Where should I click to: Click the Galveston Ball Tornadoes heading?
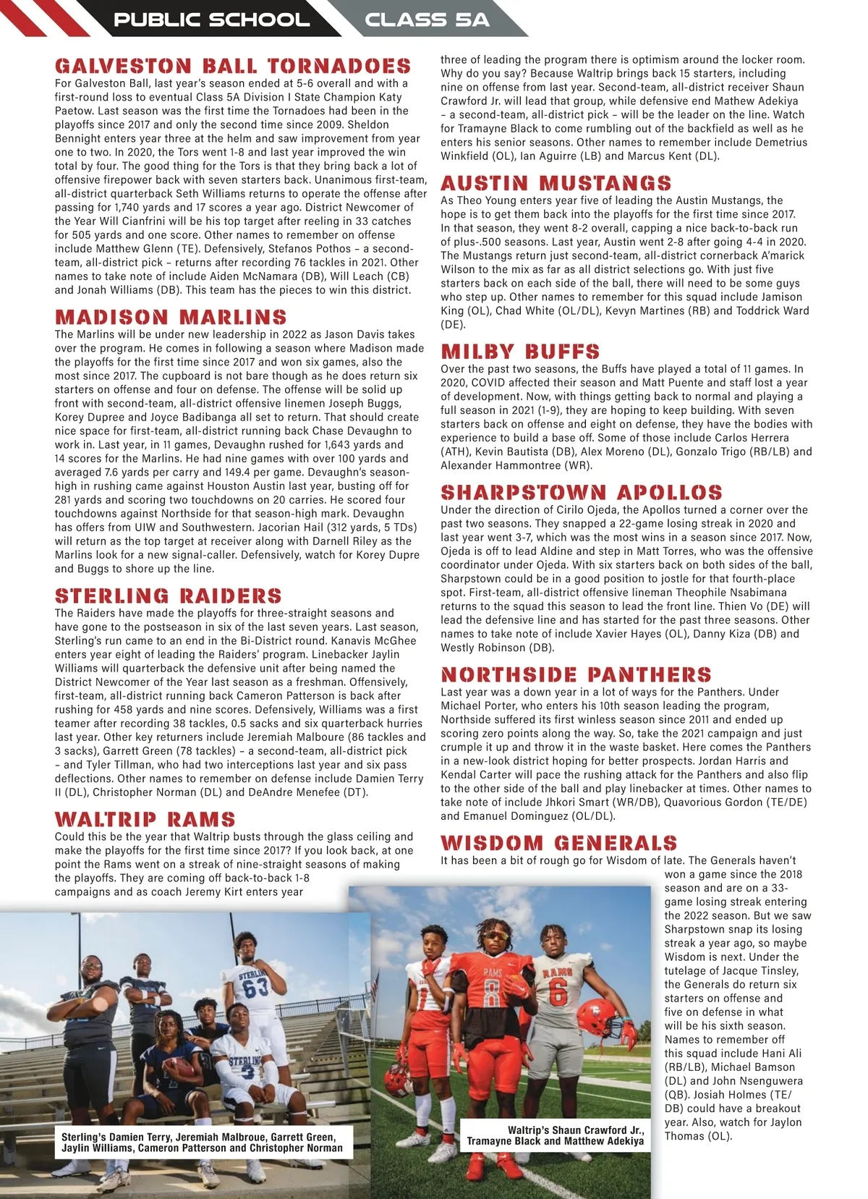click(232, 67)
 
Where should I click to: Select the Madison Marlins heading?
click(171, 317)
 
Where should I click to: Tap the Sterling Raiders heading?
click(168, 596)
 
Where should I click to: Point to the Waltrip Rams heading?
click(145, 819)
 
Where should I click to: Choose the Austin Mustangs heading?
click(556, 183)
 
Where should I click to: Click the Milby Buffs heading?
click(520, 352)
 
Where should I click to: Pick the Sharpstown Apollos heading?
click(582, 493)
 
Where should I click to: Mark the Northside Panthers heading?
click(576, 675)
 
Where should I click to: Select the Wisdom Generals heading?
click(558, 843)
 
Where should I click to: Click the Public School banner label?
click(211, 20)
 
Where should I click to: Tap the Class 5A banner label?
click(427, 20)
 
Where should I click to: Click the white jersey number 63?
click(255, 987)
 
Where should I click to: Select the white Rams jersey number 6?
click(558, 992)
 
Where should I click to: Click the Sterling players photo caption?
click(203, 1142)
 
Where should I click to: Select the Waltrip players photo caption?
click(556, 1135)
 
